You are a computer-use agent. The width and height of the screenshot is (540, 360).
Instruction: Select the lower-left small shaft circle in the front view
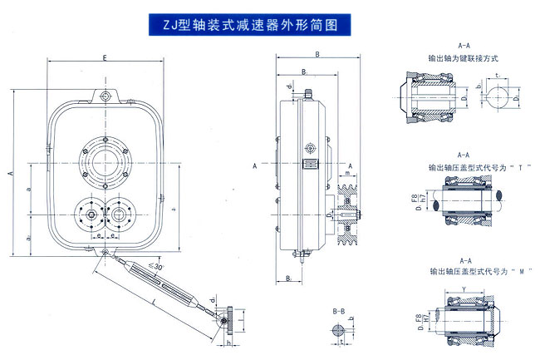(x=87, y=215)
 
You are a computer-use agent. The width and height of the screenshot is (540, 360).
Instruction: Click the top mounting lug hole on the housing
(x=105, y=97)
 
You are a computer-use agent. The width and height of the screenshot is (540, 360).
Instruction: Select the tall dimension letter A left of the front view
(x=10, y=174)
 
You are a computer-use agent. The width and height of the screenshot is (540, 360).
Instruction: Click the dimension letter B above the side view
(x=316, y=55)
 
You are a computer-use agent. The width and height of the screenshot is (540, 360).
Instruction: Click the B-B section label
(x=337, y=310)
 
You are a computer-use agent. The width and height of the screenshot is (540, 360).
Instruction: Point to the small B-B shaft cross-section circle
(x=336, y=331)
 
